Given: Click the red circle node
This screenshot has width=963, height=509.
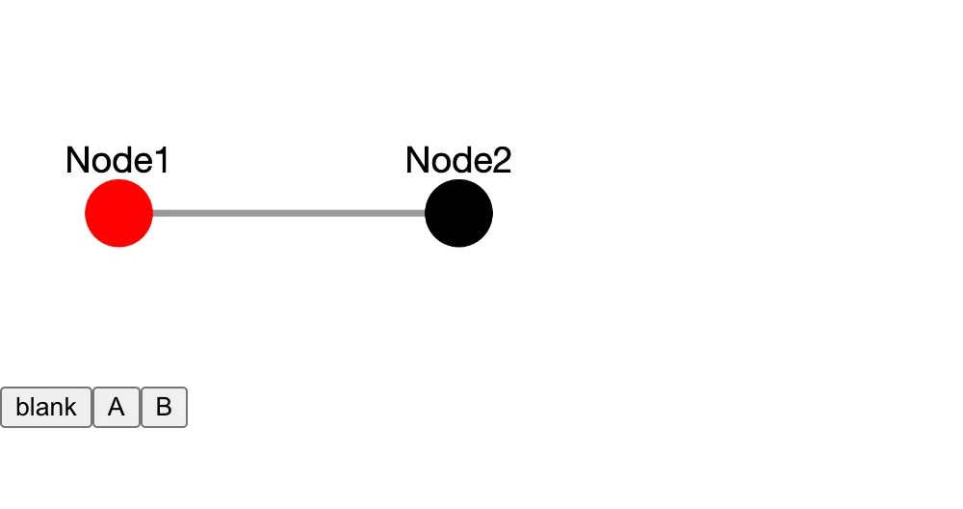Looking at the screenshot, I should click(118, 213).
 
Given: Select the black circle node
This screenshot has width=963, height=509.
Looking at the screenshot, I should click(458, 213).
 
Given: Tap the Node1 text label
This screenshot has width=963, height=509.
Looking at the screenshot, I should click(117, 160).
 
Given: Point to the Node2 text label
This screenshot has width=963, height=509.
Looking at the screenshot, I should click(458, 160).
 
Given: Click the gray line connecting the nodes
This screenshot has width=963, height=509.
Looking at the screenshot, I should click(289, 213).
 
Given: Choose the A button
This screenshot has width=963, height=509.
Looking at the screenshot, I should click(117, 407).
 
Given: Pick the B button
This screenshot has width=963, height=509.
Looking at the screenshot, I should click(164, 407).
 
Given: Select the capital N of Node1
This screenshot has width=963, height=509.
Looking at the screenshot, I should click(77, 160).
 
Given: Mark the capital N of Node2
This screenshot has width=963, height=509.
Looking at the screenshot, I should click(417, 160).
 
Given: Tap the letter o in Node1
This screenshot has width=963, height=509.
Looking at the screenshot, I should click(100, 162).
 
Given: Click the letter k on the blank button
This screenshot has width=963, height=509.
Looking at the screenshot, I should click(71, 407).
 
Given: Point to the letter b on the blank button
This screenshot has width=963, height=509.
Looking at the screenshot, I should click(21, 407).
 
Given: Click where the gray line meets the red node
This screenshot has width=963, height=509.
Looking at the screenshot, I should click(152, 213).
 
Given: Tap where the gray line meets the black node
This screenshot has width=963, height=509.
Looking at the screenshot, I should click(426, 213).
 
